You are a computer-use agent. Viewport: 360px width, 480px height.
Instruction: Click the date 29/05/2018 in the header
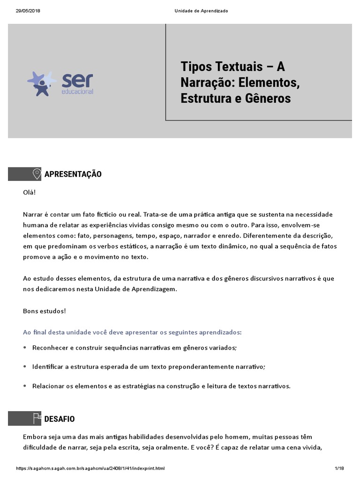coord(27,11)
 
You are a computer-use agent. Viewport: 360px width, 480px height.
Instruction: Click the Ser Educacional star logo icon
coord(42,83)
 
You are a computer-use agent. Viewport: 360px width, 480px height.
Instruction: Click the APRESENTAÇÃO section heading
coord(73,174)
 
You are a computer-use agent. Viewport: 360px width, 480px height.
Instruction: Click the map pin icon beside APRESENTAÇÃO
coord(36,174)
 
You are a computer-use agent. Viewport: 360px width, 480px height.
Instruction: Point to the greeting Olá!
coord(30,192)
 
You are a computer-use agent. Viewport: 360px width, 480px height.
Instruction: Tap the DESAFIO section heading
coord(59,419)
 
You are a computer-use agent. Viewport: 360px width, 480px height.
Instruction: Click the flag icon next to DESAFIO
coord(36,419)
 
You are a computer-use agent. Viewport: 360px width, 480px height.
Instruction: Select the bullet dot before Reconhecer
coord(25,348)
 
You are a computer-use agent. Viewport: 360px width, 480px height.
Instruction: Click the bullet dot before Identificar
coord(25,367)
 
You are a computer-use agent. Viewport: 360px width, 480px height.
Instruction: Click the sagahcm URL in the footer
coord(90,468)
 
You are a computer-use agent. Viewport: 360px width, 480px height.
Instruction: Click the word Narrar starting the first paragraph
coord(33,214)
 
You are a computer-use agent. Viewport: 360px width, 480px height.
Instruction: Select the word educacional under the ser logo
coord(78,91)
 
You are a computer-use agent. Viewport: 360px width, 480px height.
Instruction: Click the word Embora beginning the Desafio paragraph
coord(35,436)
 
